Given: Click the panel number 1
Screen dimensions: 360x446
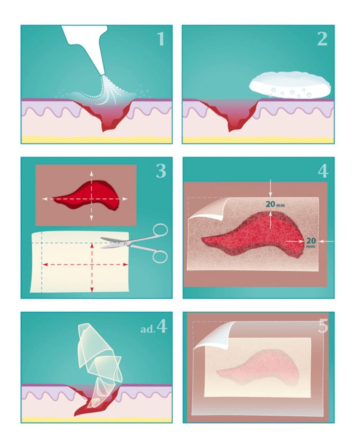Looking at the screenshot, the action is (161, 39).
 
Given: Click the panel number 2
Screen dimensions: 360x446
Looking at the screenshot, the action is (323, 39).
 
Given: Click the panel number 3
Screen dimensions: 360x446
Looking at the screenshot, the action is (161, 171).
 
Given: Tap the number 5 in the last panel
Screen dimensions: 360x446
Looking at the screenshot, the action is (323, 326).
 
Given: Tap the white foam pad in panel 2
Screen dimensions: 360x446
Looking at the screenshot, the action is (290, 84).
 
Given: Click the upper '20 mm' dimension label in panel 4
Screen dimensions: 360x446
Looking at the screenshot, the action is (275, 204).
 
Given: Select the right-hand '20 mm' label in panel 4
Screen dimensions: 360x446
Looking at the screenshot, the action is (311, 242).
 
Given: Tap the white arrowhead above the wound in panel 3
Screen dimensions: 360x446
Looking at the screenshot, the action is (91, 173).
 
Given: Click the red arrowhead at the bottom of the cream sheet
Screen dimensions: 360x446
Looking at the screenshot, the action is (92, 289).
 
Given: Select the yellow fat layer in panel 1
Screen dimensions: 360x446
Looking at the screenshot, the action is (97, 140).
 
